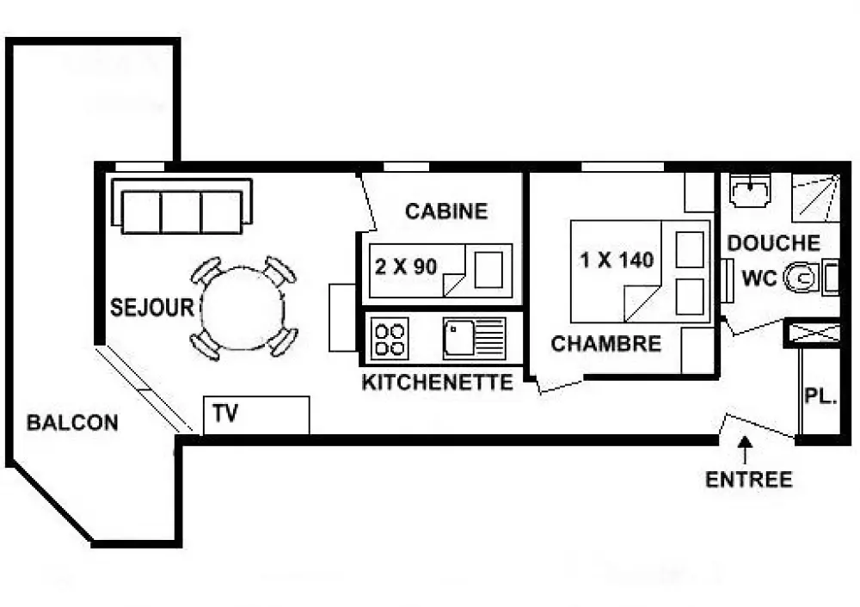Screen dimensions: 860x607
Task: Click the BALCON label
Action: click(72, 423)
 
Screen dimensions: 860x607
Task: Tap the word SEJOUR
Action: click(152, 308)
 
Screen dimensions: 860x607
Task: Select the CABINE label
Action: click(446, 212)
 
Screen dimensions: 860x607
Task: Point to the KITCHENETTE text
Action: click(438, 383)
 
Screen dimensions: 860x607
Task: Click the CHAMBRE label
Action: click(606, 344)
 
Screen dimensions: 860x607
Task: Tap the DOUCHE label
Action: click(774, 243)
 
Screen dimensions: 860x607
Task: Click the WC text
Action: click(759, 278)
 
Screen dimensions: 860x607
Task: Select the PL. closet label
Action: click(820, 395)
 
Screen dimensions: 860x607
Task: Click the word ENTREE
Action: click(749, 480)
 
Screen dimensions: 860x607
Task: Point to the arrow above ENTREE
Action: click(744, 450)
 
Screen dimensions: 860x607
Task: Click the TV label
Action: click(225, 413)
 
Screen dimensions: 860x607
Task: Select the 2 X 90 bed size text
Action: click(406, 267)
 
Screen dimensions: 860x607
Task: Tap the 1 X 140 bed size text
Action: click(617, 260)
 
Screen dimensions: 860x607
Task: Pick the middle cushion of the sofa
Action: click(181, 212)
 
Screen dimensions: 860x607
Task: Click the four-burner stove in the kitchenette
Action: click(390, 339)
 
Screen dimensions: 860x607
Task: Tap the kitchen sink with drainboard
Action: click(475, 338)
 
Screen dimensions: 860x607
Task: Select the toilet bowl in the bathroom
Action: click(802, 278)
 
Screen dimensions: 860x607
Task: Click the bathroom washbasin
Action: click(750, 190)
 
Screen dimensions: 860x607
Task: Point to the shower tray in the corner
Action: click(815, 198)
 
